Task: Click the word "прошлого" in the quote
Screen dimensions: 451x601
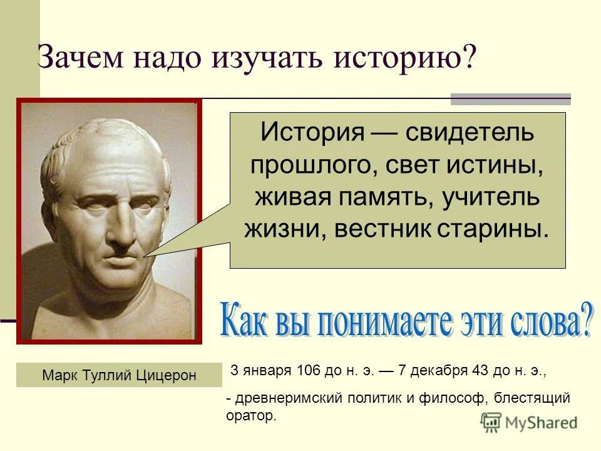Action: click(x=304, y=165)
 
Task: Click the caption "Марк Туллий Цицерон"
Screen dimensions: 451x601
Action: click(x=119, y=375)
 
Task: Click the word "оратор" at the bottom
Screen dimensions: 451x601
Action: click(x=250, y=415)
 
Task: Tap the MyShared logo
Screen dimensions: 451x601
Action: click(x=529, y=422)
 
